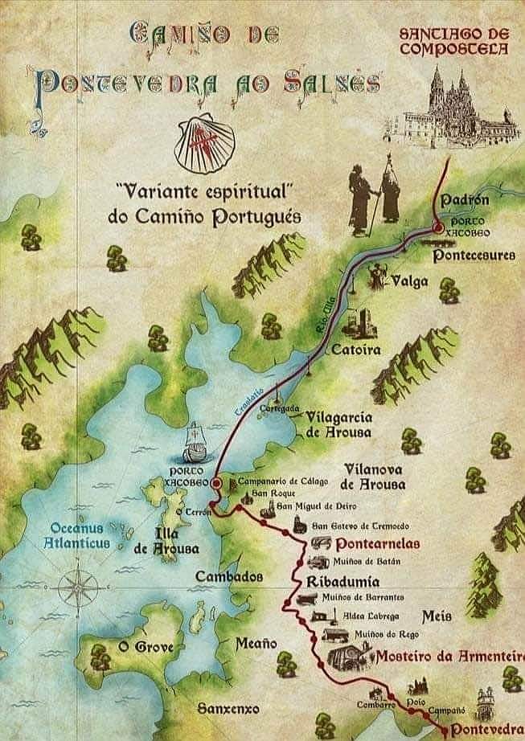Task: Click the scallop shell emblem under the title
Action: pos(205,144)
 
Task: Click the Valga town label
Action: pos(409,281)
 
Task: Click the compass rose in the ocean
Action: pos(79,590)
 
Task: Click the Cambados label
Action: pos(229,577)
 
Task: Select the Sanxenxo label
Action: pos(229,709)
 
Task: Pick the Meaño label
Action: pos(256,643)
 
